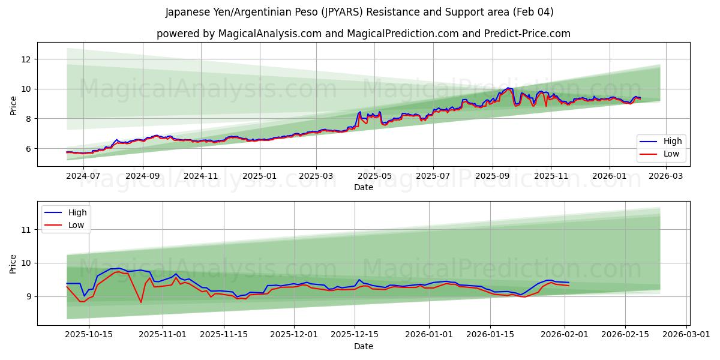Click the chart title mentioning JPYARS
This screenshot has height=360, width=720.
click(x=360, y=12)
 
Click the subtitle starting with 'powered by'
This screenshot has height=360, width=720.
click(x=364, y=34)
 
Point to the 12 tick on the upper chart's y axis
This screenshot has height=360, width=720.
click(x=26, y=59)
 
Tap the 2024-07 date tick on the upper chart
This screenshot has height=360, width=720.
click(x=84, y=176)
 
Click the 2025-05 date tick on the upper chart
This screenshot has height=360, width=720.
click(x=374, y=176)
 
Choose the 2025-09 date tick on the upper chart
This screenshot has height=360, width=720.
click(x=492, y=176)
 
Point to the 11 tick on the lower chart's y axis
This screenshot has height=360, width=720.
click(x=26, y=229)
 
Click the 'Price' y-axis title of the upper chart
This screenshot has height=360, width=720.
click(x=13, y=106)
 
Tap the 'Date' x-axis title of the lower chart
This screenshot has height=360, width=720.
click(x=364, y=346)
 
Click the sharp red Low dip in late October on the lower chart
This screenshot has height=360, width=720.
click(x=141, y=302)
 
